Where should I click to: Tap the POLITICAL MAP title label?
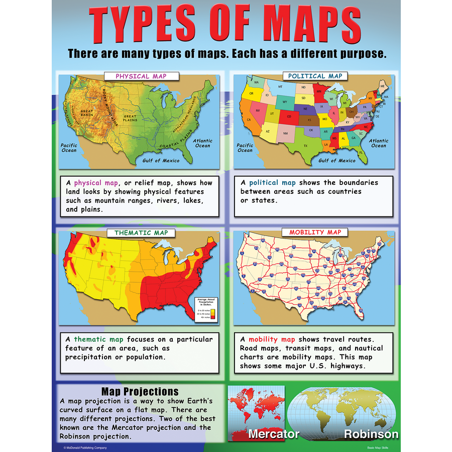(x=315, y=76)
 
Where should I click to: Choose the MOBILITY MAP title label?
(x=315, y=232)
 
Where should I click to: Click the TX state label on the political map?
(x=305, y=146)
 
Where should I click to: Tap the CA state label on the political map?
(x=248, y=120)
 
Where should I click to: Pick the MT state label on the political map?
(x=281, y=87)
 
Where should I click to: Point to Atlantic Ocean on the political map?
(x=379, y=143)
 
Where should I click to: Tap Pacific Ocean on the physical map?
(x=69, y=148)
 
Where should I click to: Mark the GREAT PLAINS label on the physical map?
(x=130, y=119)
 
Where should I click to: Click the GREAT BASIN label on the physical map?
(x=87, y=114)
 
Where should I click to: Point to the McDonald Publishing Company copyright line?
(x=85, y=447)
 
